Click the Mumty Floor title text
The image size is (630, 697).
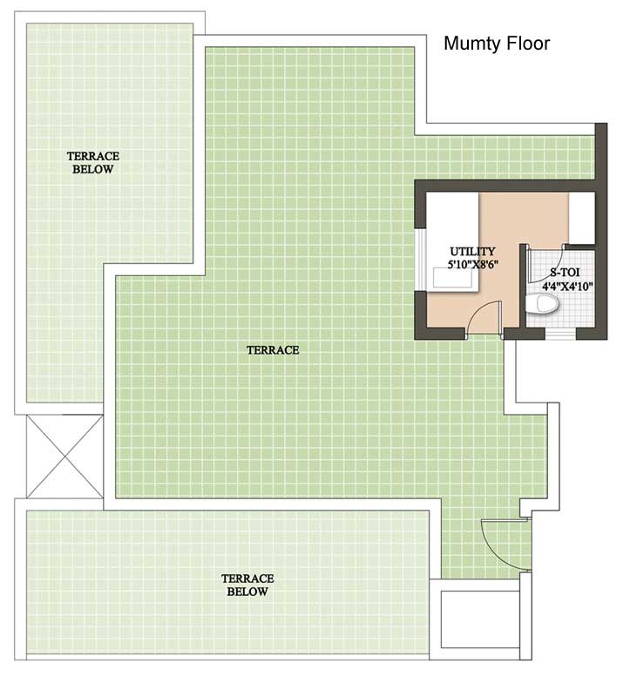click(497, 44)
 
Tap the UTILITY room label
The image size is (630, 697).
click(472, 251)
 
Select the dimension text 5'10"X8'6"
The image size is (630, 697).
click(472, 265)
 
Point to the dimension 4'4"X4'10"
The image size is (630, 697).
click(567, 287)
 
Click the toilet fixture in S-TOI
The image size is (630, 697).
click(541, 304)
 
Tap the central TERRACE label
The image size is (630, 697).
click(273, 350)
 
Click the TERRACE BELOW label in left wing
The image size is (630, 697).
click(93, 163)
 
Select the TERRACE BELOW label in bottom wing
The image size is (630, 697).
click(247, 585)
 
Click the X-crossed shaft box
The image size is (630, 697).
click(64, 457)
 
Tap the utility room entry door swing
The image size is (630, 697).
click(485, 317)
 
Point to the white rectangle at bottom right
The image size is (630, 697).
click(480, 619)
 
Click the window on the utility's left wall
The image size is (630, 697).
click(421, 260)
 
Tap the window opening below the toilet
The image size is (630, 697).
click(560, 334)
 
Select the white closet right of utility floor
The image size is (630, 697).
click(581, 219)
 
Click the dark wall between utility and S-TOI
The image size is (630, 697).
click(523, 286)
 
